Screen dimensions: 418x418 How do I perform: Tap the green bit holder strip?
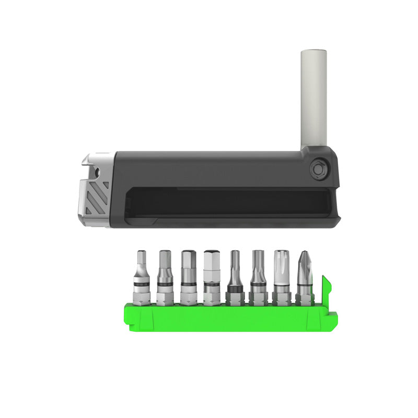(x=225, y=318)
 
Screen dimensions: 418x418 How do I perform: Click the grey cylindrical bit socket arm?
(x=313, y=99)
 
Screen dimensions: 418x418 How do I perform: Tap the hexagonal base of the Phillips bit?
(x=305, y=298)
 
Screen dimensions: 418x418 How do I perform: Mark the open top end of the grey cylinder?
(x=313, y=52)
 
